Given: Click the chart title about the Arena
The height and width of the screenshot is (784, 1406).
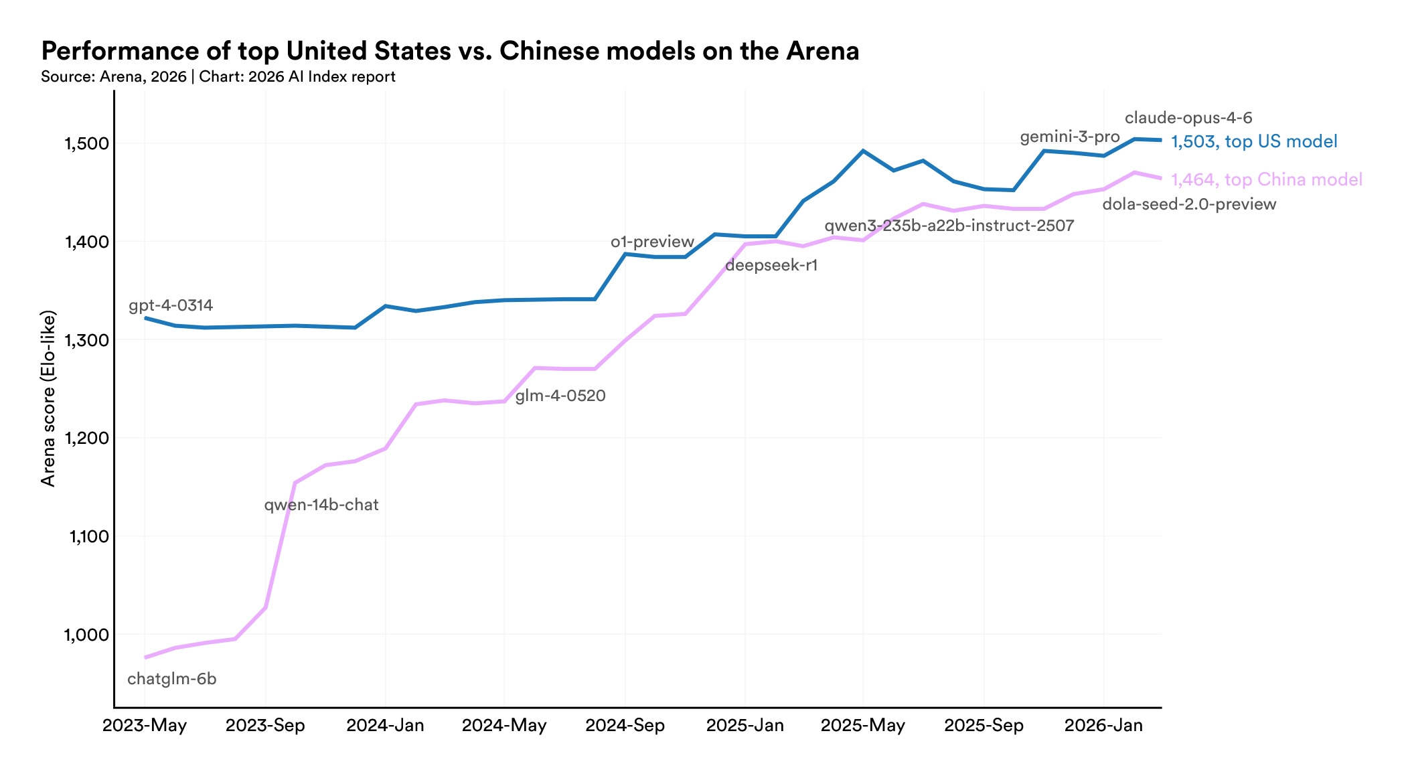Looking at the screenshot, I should coord(450,52).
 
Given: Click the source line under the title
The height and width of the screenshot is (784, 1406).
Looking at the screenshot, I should coord(218,77).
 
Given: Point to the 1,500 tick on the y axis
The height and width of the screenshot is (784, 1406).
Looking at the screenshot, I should coord(86,143).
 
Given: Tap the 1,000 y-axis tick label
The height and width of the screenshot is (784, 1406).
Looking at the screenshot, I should coord(86,635).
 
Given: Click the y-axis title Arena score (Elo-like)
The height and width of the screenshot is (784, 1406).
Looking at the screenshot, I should coord(48,398).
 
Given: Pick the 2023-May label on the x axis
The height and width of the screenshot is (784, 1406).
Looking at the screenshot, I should coord(145,726).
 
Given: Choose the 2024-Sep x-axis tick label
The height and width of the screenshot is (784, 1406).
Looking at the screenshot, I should coord(625,726).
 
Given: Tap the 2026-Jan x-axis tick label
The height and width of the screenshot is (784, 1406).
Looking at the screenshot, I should coord(1103,726).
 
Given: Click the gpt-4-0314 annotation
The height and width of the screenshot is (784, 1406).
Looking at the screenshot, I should coord(171,306).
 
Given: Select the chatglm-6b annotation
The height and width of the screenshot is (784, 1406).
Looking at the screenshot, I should coord(172,680).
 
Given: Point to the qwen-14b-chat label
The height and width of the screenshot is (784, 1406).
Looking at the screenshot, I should coord(321,505).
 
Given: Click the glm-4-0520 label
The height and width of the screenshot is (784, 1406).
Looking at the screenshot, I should coord(560,396).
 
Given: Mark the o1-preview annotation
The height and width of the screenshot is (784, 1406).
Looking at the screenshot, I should coord(652,242).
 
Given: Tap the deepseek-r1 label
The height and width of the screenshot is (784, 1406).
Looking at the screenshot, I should coord(771,266).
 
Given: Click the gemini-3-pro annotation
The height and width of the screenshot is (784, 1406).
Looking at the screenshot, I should coord(1069,137).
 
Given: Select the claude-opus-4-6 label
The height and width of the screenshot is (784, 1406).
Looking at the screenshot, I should coord(1188,119).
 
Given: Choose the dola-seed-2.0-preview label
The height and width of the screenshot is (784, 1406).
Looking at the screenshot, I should coord(1189,204).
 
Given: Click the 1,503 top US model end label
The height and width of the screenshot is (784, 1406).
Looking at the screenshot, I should coord(1254,141).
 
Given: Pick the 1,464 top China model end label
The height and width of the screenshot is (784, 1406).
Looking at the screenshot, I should coord(1266,179).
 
